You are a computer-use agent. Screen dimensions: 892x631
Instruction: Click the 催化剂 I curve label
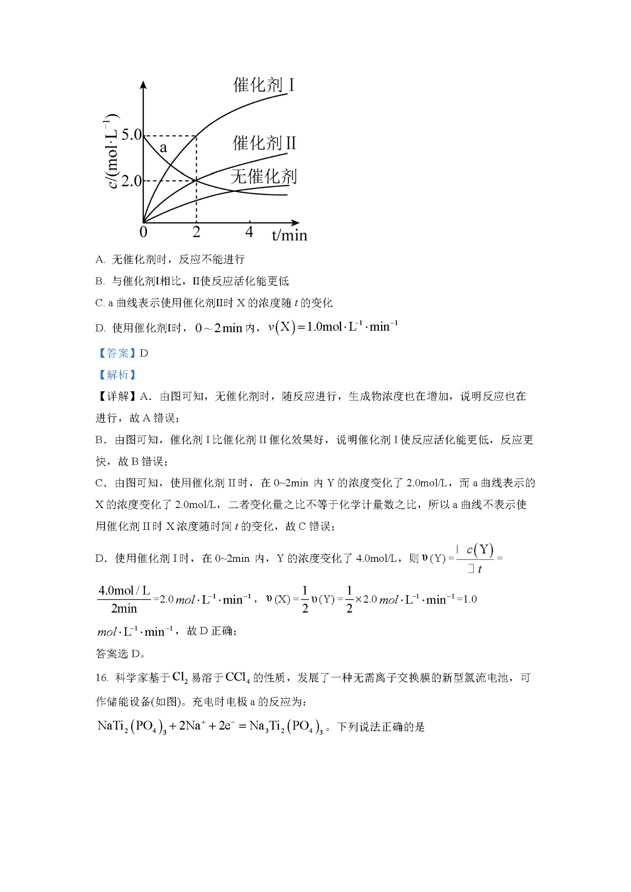tap(264, 85)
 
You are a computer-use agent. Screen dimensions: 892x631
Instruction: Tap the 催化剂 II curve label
tap(264, 143)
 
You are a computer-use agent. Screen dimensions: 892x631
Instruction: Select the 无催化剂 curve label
tap(264, 176)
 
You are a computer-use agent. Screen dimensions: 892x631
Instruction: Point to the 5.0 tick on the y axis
tap(131, 135)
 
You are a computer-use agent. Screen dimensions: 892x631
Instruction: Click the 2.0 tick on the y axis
tap(131, 181)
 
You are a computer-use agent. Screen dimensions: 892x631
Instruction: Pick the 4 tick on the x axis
tap(249, 232)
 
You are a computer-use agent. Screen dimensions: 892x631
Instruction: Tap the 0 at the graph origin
tap(143, 232)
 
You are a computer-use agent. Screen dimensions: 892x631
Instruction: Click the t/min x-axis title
tap(289, 235)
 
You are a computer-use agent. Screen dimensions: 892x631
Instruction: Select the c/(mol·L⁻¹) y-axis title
tap(112, 151)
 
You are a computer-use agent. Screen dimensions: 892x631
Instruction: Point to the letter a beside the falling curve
tap(163, 147)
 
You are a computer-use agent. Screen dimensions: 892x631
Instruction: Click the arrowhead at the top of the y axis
tap(143, 84)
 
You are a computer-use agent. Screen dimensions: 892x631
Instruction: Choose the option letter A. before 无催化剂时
tap(100, 260)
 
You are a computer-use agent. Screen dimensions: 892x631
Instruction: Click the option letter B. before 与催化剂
tap(100, 281)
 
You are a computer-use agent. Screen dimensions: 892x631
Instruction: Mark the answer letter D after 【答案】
tap(144, 353)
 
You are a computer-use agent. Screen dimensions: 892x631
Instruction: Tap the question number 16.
tap(102, 678)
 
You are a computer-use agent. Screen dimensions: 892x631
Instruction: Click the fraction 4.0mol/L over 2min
tap(124, 599)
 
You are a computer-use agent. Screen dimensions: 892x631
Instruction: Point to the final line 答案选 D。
tap(120, 654)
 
